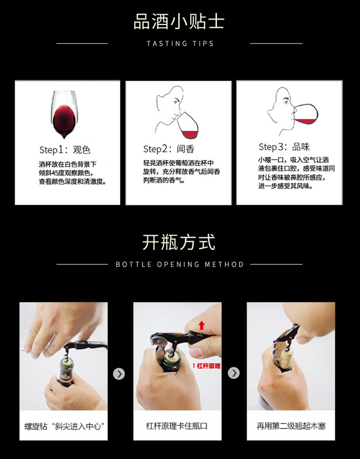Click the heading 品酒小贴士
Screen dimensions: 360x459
click(179, 22)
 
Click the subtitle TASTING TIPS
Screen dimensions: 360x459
click(180, 43)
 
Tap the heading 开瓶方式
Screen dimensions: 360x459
click(179, 243)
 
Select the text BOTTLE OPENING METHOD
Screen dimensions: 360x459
click(180, 264)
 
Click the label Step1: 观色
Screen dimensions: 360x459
click(65, 150)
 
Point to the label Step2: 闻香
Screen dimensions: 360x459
click(169, 149)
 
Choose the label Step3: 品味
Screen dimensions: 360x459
click(284, 146)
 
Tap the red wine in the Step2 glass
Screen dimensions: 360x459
click(190, 135)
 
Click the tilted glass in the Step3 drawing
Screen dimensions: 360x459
click(306, 114)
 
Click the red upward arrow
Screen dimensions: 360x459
click(202, 325)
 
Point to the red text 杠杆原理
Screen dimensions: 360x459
click(209, 366)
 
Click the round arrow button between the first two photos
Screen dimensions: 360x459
click(119, 374)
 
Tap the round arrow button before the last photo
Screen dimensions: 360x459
click(234, 373)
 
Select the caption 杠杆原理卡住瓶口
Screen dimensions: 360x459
click(177, 425)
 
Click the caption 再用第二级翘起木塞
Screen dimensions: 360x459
click(291, 426)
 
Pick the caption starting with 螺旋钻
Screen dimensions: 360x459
click(64, 426)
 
